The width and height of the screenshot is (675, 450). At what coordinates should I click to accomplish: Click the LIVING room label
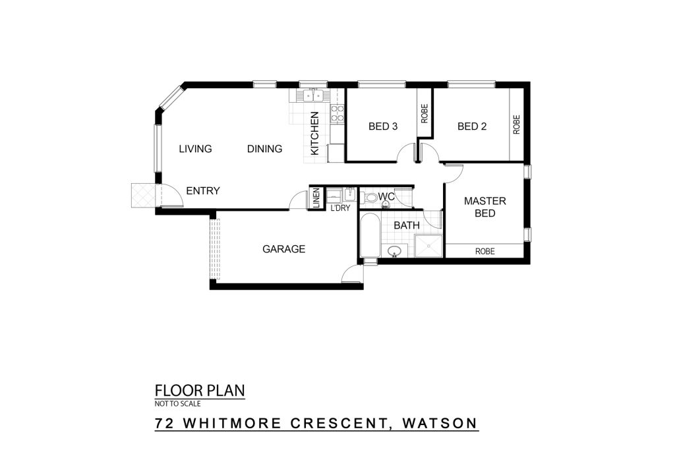tap(195, 149)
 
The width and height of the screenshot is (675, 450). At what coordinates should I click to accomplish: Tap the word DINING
tap(265, 149)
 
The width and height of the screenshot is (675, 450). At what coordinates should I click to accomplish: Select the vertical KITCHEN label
tap(314, 134)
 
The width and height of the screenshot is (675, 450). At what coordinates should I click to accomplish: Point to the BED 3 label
tap(383, 127)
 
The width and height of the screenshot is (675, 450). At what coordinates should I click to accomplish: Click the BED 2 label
tap(472, 127)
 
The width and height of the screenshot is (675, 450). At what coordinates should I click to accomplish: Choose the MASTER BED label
tap(485, 207)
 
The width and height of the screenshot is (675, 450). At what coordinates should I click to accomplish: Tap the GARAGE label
tap(283, 249)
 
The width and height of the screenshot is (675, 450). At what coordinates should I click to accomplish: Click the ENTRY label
tap(203, 190)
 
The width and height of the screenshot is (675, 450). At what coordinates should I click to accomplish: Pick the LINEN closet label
tap(316, 198)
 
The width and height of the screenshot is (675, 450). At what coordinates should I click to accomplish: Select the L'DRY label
tap(340, 208)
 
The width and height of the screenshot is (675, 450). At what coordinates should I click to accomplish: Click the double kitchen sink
tap(313, 95)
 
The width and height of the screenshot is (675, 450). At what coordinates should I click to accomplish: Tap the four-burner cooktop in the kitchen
tap(337, 113)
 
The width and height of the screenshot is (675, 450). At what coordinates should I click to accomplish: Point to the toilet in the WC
tap(370, 198)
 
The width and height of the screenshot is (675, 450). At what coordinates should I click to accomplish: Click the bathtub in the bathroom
tap(370, 236)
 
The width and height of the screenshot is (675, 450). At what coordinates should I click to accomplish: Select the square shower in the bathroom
tap(428, 246)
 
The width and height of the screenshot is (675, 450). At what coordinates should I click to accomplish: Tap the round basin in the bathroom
tap(394, 251)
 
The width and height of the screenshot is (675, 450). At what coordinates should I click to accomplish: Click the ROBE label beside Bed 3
tap(425, 113)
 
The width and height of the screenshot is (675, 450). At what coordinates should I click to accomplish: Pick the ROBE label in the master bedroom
tap(485, 251)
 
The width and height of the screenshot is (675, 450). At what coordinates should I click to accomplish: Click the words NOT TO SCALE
tap(178, 403)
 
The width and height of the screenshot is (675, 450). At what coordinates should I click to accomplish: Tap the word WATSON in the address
tap(440, 424)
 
